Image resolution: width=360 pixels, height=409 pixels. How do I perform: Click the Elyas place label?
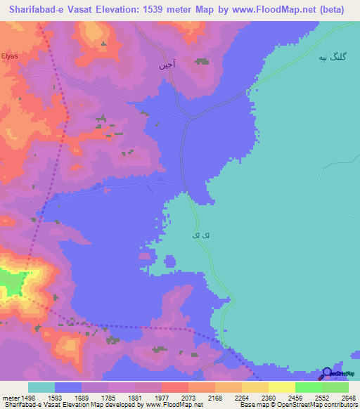tap(8, 55)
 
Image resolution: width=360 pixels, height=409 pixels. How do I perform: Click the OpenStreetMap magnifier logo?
tap(328, 374)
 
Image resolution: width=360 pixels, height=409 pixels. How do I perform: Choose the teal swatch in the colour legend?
tap(41, 387)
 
